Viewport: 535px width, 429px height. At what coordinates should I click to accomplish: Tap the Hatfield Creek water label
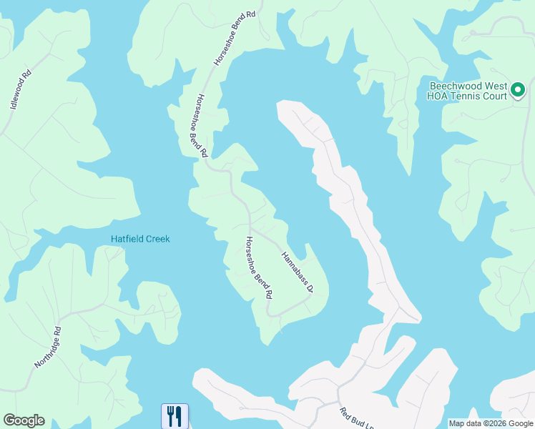point(140,239)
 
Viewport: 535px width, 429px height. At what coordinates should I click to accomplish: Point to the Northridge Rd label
point(49,348)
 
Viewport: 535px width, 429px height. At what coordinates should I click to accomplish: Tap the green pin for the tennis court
point(518,92)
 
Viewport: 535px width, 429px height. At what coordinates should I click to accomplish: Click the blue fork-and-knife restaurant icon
point(175,415)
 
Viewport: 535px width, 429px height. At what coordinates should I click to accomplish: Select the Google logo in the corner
point(24,420)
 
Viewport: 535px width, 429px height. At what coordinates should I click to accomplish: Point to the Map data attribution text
point(490,423)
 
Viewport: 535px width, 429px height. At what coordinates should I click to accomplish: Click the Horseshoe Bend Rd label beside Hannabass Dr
point(260,267)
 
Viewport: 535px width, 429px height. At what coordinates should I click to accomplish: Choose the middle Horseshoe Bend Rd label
point(198,126)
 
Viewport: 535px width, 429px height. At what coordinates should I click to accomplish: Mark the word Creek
point(157,239)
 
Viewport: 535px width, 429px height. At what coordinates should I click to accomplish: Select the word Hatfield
point(126,239)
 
